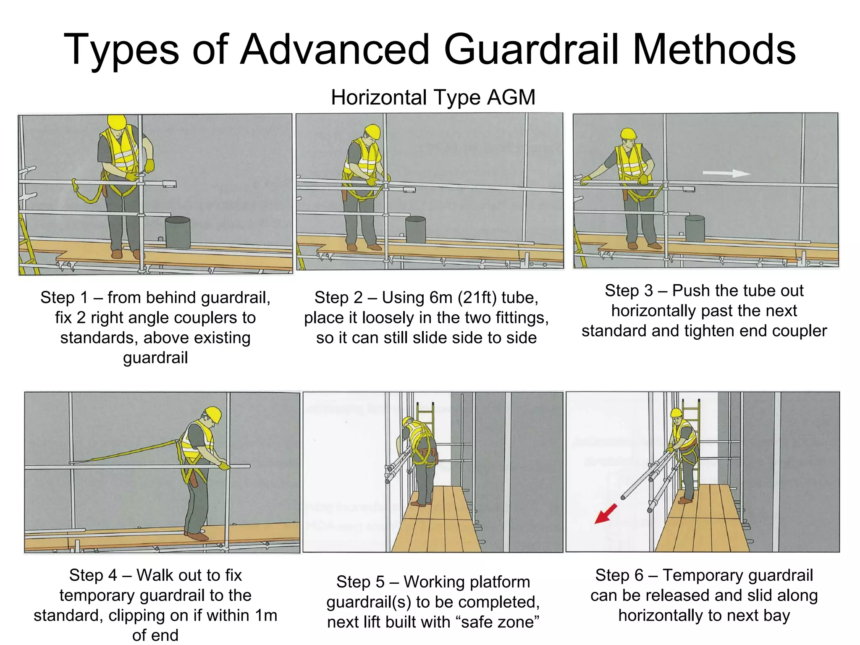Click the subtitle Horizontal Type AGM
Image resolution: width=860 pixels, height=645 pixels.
pyautogui.click(x=433, y=97)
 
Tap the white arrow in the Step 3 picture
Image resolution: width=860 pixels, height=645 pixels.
pyautogui.click(x=726, y=173)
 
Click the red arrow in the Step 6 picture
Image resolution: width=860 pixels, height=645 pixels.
pyautogui.click(x=605, y=514)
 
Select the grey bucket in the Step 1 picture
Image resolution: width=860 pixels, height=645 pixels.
pyautogui.click(x=178, y=232)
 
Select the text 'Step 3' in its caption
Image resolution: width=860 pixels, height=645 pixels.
pyautogui.click(x=629, y=291)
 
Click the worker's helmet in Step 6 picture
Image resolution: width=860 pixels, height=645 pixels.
pyautogui.click(x=676, y=413)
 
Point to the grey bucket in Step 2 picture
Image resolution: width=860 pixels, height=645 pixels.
pyautogui.click(x=415, y=229)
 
